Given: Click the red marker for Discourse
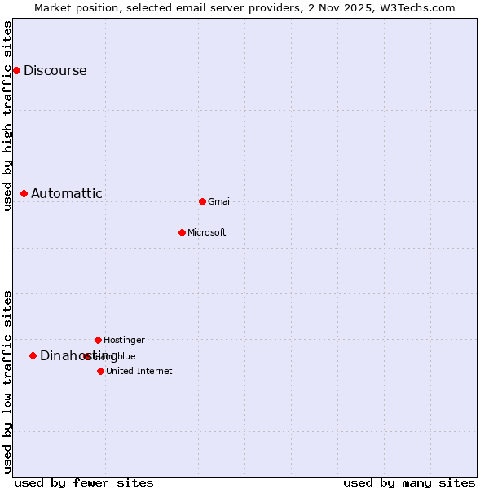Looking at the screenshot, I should [16, 70].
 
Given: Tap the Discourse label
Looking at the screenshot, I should [55, 71].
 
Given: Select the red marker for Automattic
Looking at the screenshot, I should [24, 193].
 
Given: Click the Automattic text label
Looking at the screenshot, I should [67, 194].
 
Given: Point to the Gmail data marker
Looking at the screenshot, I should [202, 201].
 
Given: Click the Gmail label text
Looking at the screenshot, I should [220, 202].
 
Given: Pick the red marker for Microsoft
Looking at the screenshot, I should [182, 232].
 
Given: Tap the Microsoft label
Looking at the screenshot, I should [207, 233].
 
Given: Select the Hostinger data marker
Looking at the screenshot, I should [98, 340].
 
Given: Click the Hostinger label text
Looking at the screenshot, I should [124, 340].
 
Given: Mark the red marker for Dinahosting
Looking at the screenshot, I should [33, 355].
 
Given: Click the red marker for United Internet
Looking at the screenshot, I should [100, 371].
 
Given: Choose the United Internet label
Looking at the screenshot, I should [139, 372].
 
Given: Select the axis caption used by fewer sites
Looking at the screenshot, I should [84, 483].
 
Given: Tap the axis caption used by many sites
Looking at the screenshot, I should [409, 483].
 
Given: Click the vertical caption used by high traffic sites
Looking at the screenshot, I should [7, 116].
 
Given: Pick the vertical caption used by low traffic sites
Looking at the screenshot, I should [7, 381].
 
